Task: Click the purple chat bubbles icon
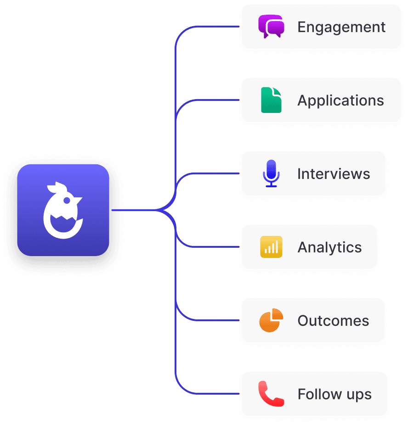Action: pos(271,26)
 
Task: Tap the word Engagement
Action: pos(341,27)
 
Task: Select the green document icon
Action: pos(271,100)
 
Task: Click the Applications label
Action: pos(340,101)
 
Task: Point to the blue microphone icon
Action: pos(271,173)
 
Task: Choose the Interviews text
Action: pos(334,174)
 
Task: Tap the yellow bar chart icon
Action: pos(271,247)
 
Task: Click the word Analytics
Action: pos(329,247)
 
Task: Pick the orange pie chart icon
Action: pos(271,320)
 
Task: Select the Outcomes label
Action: pos(333,321)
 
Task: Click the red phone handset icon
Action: pos(271,394)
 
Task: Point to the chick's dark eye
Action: pos(68,200)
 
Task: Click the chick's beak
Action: pos(79,201)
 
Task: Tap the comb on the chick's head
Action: pos(55,187)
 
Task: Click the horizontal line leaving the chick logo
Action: pos(133,210)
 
